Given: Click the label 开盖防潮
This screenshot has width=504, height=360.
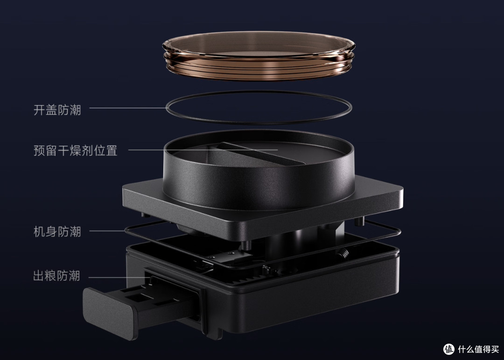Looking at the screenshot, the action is click(57, 110).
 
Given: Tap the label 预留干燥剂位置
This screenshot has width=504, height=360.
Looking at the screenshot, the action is click(76, 150).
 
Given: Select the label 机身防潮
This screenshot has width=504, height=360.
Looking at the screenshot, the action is click(57, 231).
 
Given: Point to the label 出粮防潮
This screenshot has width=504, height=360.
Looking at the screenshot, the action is click(56, 275).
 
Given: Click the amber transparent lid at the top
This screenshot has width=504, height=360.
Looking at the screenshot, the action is click(259, 56).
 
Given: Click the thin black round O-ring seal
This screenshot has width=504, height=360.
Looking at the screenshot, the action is click(259, 123).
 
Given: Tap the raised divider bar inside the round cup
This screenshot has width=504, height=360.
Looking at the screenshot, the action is click(260, 154).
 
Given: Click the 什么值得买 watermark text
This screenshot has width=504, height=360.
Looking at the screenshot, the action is click(478, 349).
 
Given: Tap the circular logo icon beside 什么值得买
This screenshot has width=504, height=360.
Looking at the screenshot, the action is click(449, 349).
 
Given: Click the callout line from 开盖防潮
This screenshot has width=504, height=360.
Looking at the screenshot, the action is click(127, 108).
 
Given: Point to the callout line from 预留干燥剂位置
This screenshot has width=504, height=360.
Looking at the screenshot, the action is click(203, 149).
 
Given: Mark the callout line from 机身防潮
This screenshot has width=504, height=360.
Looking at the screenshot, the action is click(107, 231).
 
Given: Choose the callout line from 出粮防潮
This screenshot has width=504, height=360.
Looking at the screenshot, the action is click(119, 277).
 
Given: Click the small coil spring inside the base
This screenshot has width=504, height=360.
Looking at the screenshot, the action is click(343, 253).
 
